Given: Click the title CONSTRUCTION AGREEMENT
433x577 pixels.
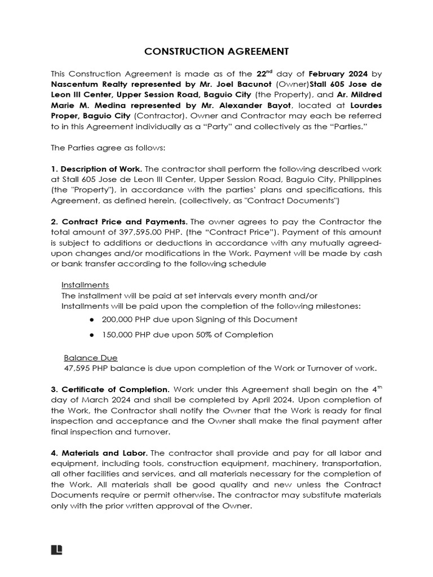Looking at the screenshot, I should pyautogui.click(x=216, y=51).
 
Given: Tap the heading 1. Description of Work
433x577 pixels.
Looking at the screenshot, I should pyautogui.click(x=96, y=169).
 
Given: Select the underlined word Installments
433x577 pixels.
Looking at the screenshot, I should pyautogui.click(x=85, y=285).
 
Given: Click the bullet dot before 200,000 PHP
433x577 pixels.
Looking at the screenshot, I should pyautogui.click(x=92, y=319).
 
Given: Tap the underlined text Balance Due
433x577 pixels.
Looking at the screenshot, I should pyautogui.click(x=90, y=358).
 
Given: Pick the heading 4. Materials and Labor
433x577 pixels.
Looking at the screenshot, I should pyautogui.click(x=99, y=454).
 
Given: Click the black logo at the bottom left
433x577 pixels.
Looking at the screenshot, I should pyautogui.click(x=56, y=550).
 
